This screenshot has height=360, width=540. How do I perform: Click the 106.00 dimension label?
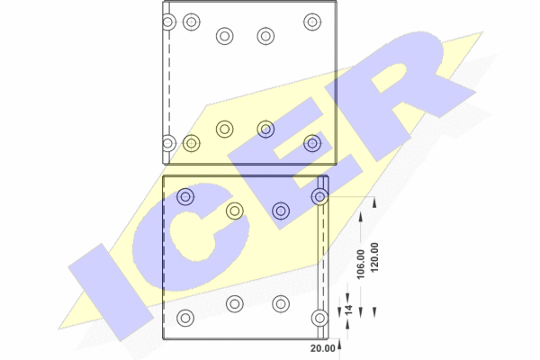[x=361, y=265]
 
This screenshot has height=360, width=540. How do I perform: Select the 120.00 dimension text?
[x=374, y=257]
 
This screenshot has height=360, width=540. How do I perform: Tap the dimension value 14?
[x=349, y=309]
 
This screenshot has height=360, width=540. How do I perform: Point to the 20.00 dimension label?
[x=323, y=348]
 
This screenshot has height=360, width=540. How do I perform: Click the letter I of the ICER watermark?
[x=111, y=292]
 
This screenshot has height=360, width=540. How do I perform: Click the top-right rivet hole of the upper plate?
[x=312, y=22]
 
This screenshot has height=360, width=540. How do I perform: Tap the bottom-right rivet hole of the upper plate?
[x=312, y=143]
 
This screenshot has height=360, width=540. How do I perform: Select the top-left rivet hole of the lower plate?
[x=185, y=197]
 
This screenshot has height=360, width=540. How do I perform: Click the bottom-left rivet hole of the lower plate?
[x=185, y=318]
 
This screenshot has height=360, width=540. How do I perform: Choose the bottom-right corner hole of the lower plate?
[x=319, y=318]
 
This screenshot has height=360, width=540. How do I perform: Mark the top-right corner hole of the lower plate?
[x=319, y=197]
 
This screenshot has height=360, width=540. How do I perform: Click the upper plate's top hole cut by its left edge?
[x=168, y=22]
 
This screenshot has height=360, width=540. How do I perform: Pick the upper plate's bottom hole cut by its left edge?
[x=168, y=143]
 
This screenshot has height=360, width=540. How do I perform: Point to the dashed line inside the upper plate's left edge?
[x=169, y=83]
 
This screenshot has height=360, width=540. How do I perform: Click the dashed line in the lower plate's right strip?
[x=324, y=256]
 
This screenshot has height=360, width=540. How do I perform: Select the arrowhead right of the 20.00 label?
[x=339, y=345]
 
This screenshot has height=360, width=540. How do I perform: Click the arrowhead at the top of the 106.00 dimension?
[x=361, y=217]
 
